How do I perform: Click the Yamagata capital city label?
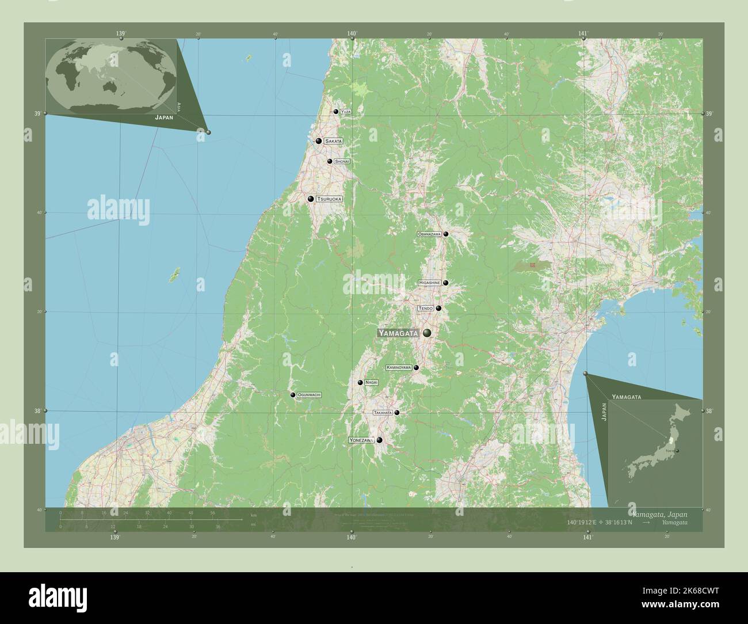(398, 333)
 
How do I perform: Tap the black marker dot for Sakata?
(318, 140)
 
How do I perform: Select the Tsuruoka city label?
(329, 199)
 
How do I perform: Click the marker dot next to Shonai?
(330, 162)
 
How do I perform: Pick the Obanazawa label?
(429, 234)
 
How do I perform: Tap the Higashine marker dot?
(445, 283)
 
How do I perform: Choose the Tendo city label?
(426, 309)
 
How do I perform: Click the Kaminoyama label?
(399, 367)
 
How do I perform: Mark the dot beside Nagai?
(360, 382)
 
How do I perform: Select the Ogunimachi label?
(309, 395)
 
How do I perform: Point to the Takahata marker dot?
(396, 412)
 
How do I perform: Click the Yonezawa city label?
(361, 440)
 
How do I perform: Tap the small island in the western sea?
(174, 275)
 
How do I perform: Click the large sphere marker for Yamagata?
(427, 333)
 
